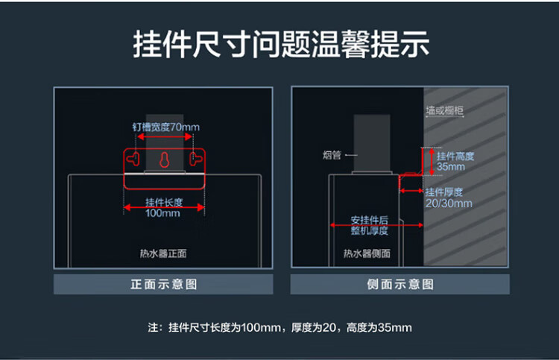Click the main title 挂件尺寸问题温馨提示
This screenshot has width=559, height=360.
point(281,44)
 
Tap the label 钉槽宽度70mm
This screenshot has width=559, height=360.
point(165,127)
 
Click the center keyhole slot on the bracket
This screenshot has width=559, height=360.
point(165,160)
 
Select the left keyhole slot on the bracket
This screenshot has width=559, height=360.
point(133,159)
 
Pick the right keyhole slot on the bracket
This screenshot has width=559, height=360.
point(196,159)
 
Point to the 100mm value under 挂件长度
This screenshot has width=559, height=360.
point(162,213)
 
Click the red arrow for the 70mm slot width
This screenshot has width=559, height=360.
point(165,137)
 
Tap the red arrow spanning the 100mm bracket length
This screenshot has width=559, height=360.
point(165,207)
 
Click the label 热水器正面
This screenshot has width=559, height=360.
point(163,253)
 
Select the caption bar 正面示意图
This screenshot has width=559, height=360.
point(163,284)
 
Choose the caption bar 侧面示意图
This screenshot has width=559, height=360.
point(400,284)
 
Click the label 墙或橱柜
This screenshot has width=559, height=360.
point(444,110)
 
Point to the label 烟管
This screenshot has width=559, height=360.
point(332,155)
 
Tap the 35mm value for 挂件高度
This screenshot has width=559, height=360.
point(451,166)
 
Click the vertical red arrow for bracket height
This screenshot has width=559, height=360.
point(432,162)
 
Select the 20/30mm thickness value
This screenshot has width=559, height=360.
point(449,203)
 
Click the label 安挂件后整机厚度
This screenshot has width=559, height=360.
point(370,225)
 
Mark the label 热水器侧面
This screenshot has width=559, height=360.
point(367,253)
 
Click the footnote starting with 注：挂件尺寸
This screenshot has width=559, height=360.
point(279,327)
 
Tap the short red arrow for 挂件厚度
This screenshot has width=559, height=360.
point(411,191)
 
